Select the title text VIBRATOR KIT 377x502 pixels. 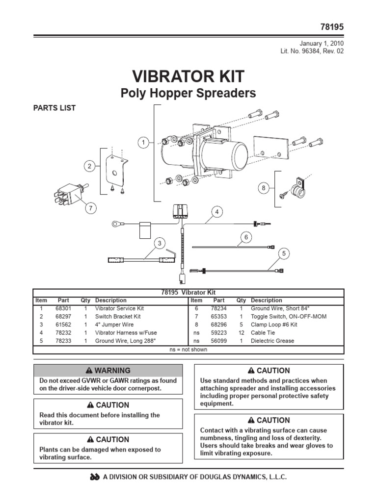[188, 76]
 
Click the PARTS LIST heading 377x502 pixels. [54, 108]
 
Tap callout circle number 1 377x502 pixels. [143, 143]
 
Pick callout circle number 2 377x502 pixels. [89, 167]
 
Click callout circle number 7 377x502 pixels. [90, 208]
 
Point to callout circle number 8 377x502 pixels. [263, 187]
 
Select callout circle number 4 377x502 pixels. [216, 212]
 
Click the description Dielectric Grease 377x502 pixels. [272, 341]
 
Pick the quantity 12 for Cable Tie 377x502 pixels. [241, 333]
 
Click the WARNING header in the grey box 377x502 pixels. [108, 371]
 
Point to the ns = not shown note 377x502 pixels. [188, 350]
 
